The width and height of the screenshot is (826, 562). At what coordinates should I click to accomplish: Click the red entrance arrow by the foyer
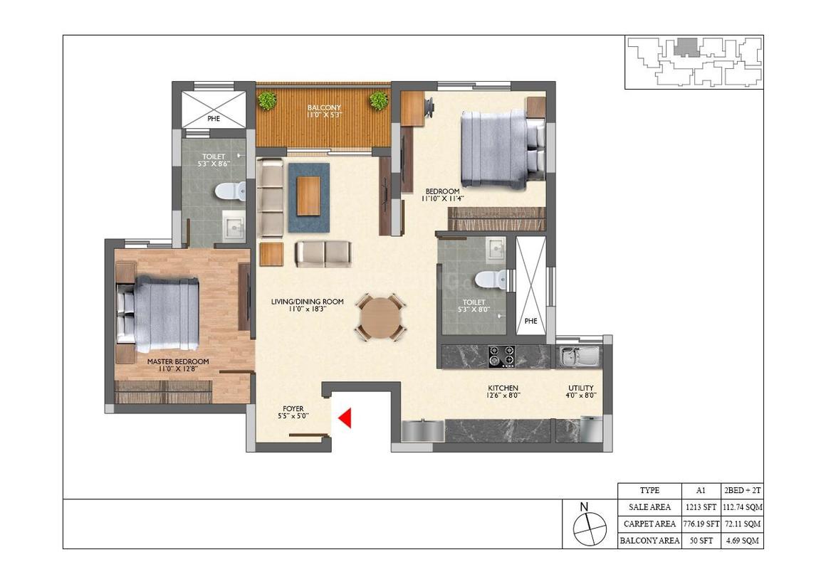pyautogui.click(x=345, y=418)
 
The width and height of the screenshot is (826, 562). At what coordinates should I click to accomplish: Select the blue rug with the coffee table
pyautogui.click(x=309, y=197)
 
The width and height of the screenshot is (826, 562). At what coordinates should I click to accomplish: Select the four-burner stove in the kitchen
pyautogui.click(x=501, y=356)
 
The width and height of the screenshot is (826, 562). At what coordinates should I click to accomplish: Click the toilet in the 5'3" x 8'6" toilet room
pyautogui.click(x=230, y=191)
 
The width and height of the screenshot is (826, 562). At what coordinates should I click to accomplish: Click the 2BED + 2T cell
pyautogui.click(x=742, y=490)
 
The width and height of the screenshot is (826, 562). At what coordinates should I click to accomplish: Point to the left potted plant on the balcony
pyautogui.click(x=267, y=100)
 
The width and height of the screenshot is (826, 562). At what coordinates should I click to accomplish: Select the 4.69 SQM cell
pyautogui.click(x=742, y=541)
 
